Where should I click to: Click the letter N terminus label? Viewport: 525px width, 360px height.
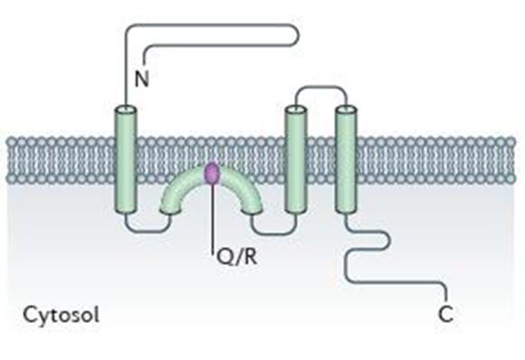pos(141,79)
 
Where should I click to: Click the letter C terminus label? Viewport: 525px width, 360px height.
pos(446,314)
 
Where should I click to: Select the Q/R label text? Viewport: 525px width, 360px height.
pos(237,257)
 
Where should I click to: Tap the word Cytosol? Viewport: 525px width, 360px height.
pos(61,315)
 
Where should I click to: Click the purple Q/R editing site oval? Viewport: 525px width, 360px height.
pos(212,173)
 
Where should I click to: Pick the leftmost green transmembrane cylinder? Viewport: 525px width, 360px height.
pos(126,159)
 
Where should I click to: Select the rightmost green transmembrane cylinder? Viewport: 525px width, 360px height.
pos(346,159)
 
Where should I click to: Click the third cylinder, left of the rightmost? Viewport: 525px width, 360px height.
pos(295,159)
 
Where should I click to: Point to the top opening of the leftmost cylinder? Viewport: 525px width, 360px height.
pos(126,109)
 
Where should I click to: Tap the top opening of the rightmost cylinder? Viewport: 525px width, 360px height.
pos(346,109)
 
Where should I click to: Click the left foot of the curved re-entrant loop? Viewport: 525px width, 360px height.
pos(170,208)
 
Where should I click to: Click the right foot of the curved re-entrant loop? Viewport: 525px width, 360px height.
pos(252,208)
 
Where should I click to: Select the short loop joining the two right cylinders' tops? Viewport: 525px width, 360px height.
pos(321,87)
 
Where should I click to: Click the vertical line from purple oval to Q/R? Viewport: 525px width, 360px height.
pos(212,217)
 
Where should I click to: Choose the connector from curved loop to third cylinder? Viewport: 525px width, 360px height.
pos(274,232)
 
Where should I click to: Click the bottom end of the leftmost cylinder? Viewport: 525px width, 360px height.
pos(126,210)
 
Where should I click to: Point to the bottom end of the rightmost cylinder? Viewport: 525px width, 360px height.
pos(346,210)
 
